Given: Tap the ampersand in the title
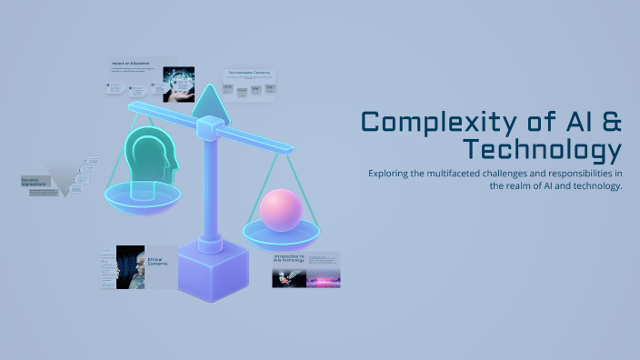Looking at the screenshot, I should pos(609,122).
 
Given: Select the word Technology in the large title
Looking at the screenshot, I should pos(542,149).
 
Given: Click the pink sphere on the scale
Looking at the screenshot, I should pos(281,210).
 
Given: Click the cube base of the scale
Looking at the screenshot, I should pos(213,272).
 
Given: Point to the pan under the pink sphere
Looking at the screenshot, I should pos(281,235).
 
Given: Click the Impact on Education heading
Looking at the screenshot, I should pos(130,64).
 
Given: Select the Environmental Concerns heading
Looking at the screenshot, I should pos(251,73).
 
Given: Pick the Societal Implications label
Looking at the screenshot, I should pos(36,181).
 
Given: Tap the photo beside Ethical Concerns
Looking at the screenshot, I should pos(131,266).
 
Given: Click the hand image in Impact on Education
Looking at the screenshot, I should pos(179,81).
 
